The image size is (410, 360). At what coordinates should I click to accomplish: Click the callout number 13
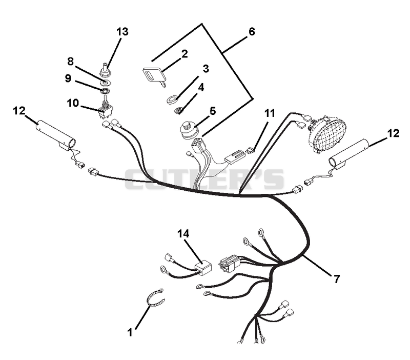point(122,32)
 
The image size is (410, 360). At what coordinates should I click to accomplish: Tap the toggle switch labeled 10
point(105,110)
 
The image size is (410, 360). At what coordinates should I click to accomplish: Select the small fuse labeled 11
point(250,150)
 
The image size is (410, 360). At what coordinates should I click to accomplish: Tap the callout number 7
point(337,279)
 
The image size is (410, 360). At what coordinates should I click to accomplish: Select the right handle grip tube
point(349,154)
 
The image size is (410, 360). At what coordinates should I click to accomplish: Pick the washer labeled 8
point(106,83)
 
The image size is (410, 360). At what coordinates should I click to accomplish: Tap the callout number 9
point(68,78)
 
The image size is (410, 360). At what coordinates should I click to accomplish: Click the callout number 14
point(183,233)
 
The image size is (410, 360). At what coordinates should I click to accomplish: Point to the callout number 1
point(130,333)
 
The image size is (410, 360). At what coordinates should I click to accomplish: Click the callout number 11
point(270,113)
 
